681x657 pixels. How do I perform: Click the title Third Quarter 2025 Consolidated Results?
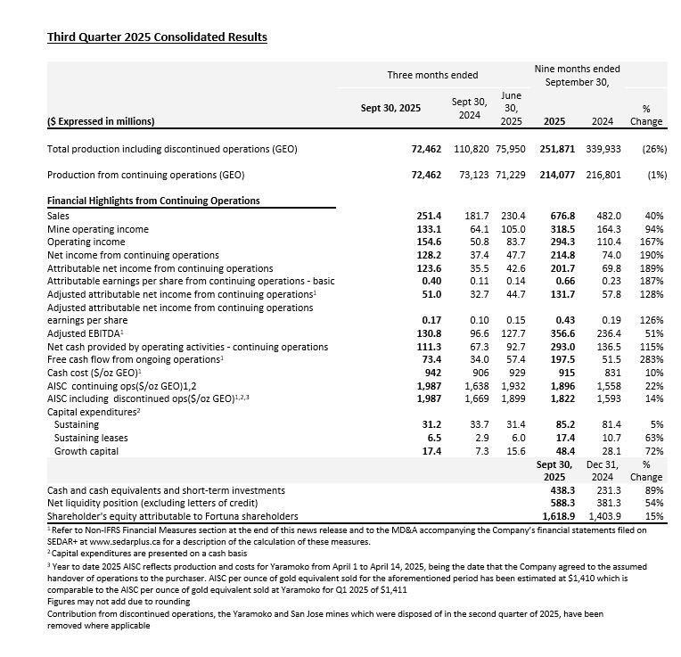click(156, 37)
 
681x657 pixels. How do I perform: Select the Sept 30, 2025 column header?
click(390, 108)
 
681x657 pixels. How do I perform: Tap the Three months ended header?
click(432, 75)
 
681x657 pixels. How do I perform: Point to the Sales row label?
click(60, 216)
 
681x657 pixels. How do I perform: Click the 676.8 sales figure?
click(558, 216)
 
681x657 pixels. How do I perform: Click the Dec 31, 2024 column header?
click(603, 471)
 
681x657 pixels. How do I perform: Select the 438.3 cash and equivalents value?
click(559, 490)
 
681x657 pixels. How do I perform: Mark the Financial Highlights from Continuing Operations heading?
click(153, 201)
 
